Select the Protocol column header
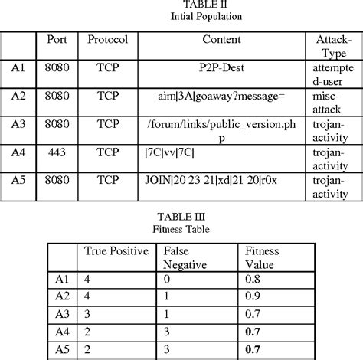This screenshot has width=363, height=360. click(106, 39)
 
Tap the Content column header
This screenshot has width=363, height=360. click(222, 39)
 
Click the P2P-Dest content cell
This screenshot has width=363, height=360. click(222, 67)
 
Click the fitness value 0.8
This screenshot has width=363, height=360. click(253, 280)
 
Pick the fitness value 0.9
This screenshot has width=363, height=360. click(253, 296)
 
